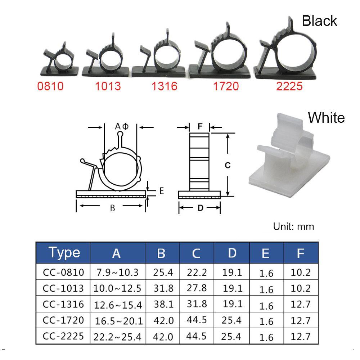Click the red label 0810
point(50,86)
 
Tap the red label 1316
point(165,86)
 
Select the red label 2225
point(289,86)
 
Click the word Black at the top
point(319,21)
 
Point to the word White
point(326,118)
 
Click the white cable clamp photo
point(289,155)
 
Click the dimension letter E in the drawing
point(162,191)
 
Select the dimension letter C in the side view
point(227,165)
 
